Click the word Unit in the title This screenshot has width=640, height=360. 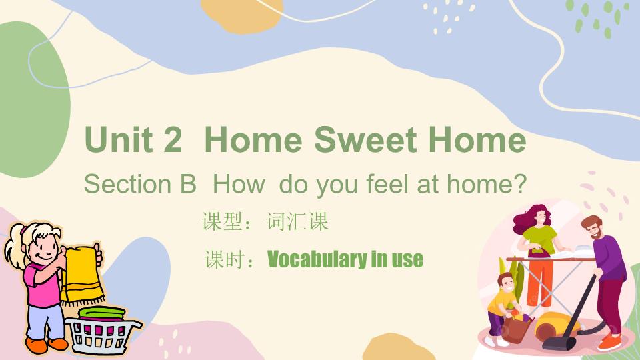119,139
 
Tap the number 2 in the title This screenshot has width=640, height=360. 172,139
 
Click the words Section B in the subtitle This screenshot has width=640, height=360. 140,184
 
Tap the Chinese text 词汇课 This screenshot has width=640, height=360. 297,221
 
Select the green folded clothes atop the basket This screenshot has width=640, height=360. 102,313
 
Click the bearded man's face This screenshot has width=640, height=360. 594,229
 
